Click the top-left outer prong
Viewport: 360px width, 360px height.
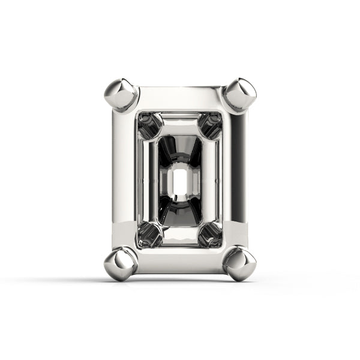pos(120,95)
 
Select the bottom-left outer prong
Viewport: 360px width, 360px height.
pos(120,264)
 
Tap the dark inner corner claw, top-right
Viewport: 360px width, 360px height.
pos(211,125)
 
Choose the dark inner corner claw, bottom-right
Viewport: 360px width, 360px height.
pos(211,235)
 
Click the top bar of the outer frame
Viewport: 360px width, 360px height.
pos(179,98)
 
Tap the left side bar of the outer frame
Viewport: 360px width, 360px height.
pos(123,180)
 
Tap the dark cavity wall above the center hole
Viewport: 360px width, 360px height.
pos(179,150)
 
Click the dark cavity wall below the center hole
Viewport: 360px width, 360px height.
pos(179,213)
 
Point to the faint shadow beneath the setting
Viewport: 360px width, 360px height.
pos(179,282)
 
